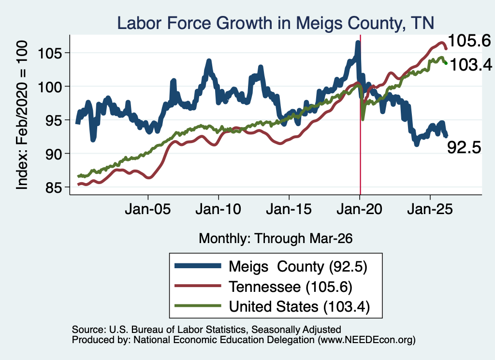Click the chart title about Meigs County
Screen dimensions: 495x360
pyautogui.click(x=276, y=23)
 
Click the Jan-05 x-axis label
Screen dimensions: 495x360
pyautogui.click(x=148, y=210)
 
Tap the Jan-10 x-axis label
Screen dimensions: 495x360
pyautogui.click(x=218, y=210)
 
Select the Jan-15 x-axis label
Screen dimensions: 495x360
pyautogui.click(x=289, y=210)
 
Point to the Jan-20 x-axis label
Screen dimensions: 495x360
pyautogui.click(x=360, y=210)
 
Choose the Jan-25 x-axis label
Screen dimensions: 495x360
pyautogui.click(x=430, y=210)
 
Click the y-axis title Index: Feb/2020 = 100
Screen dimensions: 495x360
pyautogui.click(x=22, y=115)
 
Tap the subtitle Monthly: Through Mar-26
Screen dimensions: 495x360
pyautogui.click(x=276, y=239)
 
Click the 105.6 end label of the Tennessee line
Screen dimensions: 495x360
pyautogui.click(x=469, y=41)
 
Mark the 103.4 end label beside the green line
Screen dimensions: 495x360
pyautogui.click(x=471, y=65)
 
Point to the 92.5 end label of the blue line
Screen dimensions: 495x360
pyautogui.click(x=464, y=147)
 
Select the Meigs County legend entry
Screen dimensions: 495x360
pyautogui.click(x=271, y=267)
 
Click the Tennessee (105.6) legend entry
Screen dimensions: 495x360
pyautogui.click(x=263, y=287)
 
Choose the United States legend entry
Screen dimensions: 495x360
pyautogui.click(x=272, y=307)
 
